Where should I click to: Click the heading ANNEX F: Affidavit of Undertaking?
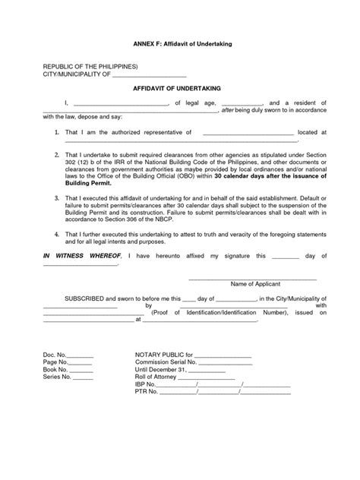coord(179,45)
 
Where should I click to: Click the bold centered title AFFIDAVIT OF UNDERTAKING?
coord(179,88)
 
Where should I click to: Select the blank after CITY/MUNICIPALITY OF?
coord(149,75)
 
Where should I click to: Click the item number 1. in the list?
coord(47,132)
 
